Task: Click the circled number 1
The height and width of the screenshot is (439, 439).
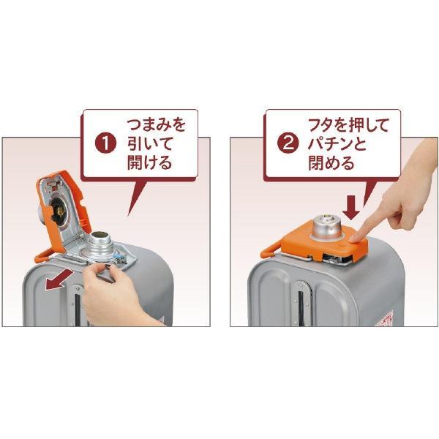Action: pyautogui.click(x=105, y=143)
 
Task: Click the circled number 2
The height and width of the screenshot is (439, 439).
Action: pyautogui.click(x=288, y=143)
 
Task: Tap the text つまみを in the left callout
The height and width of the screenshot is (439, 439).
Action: pyautogui.click(x=157, y=124)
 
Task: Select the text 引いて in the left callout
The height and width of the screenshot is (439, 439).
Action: pyautogui.click(x=149, y=143)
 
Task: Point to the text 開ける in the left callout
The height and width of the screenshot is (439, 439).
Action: pyautogui.click(x=149, y=162)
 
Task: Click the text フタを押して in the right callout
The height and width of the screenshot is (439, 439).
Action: pyautogui.click(x=348, y=124)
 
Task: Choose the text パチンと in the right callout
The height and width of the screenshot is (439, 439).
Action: pyautogui.click(x=337, y=143)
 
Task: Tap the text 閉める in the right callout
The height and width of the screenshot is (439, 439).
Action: pyautogui.click(x=331, y=162)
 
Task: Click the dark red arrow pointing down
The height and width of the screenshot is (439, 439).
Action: pyautogui.click(x=350, y=208)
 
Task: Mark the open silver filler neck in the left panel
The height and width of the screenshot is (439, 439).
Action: pyautogui.click(x=100, y=244)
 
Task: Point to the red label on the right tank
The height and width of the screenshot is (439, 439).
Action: pyautogui.click(x=385, y=318)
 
